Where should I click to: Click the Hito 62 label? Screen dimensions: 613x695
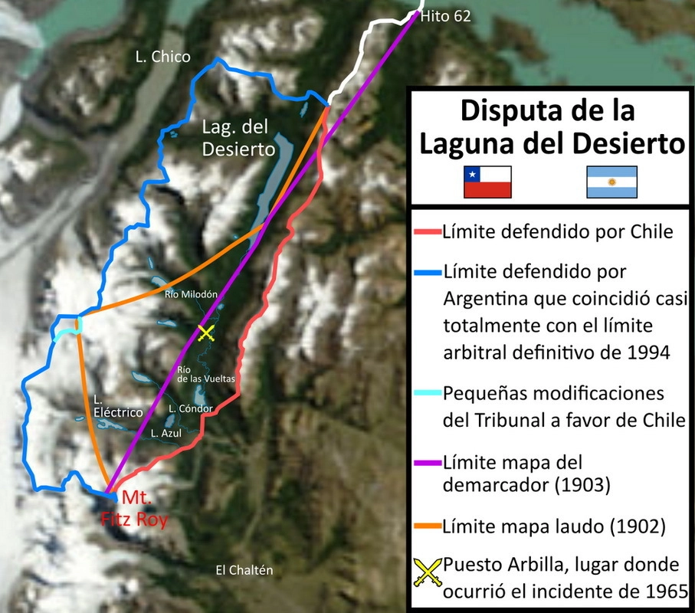coord(447,16)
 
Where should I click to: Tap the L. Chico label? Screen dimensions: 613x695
coord(162,57)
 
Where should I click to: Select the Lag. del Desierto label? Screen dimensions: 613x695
coord(238,139)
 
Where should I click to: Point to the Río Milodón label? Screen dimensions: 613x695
coord(192,293)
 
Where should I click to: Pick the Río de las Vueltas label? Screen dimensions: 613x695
coord(205,373)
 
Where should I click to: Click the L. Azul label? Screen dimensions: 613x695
coord(166,433)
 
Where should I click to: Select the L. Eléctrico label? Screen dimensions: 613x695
coord(118,406)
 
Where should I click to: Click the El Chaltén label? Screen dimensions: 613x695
coord(244,570)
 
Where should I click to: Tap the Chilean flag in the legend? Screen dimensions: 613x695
coord(487,182)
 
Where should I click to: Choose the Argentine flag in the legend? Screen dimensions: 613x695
coord(611,182)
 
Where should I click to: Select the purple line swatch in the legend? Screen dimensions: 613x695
coord(426,463)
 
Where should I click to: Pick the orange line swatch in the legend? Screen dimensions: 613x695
coord(426,526)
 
